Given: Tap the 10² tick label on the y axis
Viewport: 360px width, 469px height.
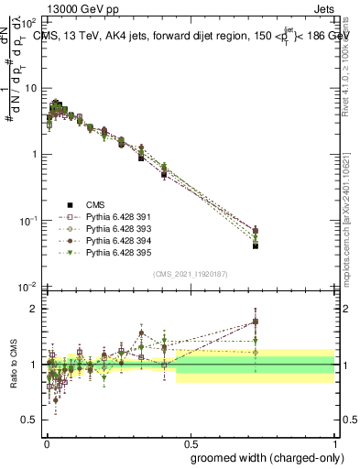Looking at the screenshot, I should [x=28, y=21].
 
